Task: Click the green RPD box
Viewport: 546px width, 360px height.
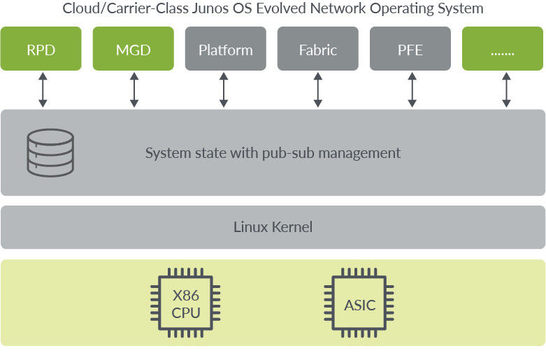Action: [41, 50]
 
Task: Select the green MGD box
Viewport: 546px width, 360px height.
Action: [133, 50]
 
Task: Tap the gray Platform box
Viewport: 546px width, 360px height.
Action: [225, 50]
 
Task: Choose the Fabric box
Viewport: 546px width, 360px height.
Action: [317, 50]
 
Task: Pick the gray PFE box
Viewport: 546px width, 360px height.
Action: [410, 50]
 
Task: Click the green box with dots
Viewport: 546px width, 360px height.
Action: [503, 50]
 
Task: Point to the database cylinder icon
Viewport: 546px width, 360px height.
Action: [50, 152]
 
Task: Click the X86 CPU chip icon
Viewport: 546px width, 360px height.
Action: [186, 304]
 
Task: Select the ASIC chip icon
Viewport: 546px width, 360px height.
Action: [359, 304]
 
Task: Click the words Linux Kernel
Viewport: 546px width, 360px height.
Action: [273, 227]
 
